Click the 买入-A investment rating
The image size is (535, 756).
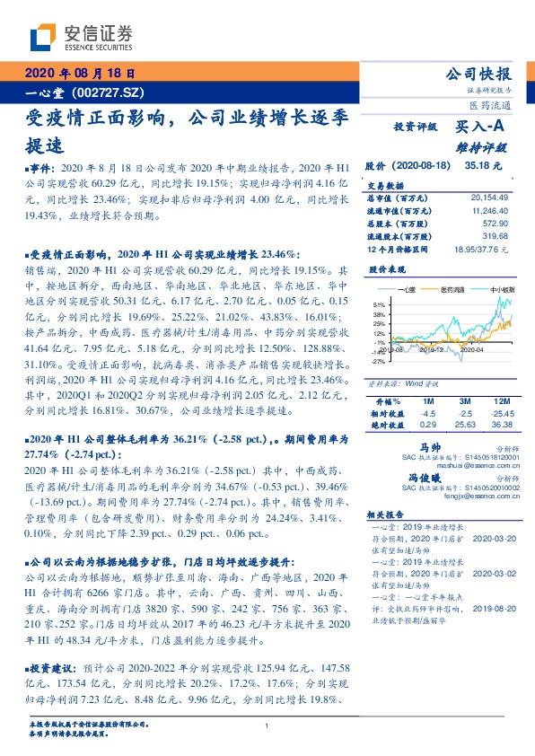480,128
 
